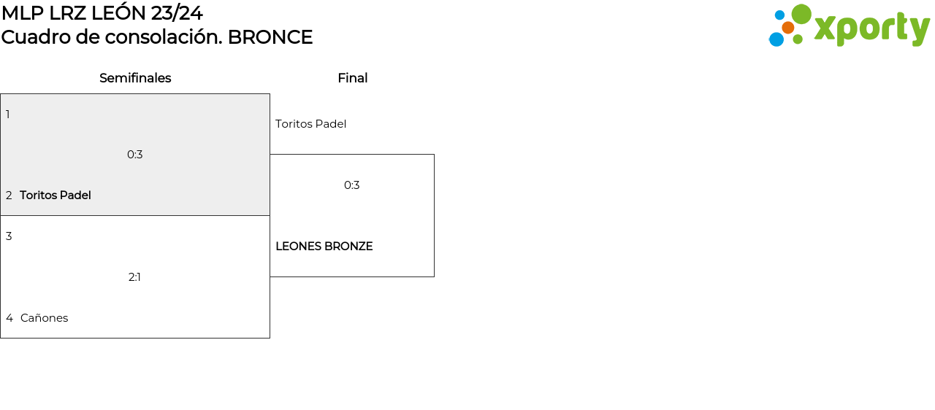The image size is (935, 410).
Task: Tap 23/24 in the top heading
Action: pyautogui.click(x=177, y=13)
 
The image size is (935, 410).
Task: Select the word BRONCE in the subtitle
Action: pyautogui.click(x=270, y=37)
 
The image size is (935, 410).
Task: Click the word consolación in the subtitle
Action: pyautogui.click(x=171, y=37)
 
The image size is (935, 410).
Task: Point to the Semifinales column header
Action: pyautogui.click(x=135, y=78)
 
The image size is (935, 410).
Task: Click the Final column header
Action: pyautogui.click(x=352, y=78)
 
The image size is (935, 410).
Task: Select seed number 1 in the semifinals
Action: pyautogui.click(x=8, y=115)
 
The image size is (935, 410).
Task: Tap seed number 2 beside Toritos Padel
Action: pyautogui.click(x=9, y=196)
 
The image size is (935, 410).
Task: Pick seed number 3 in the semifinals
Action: pyautogui.click(x=9, y=236)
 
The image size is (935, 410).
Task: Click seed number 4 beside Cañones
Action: pyautogui.click(x=9, y=318)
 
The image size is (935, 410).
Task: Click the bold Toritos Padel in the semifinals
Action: pyautogui.click(x=56, y=196)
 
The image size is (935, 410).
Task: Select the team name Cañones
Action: pyautogui.click(x=44, y=318)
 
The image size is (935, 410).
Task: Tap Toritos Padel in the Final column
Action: pyautogui.click(x=310, y=124)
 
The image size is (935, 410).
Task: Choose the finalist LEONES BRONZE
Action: pyautogui.click(x=324, y=247)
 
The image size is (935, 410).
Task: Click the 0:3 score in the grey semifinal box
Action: pyautogui.click(x=135, y=155)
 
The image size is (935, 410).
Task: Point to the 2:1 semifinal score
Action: pyautogui.click(x=134, y=277)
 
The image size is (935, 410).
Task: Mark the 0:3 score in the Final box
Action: pyautogui.click(x=352, y=185)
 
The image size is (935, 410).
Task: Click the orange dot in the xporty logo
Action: pyautogui.click(x=787, y=28)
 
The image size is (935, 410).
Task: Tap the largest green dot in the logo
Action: pyautogui.click(x=801, y=14)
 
